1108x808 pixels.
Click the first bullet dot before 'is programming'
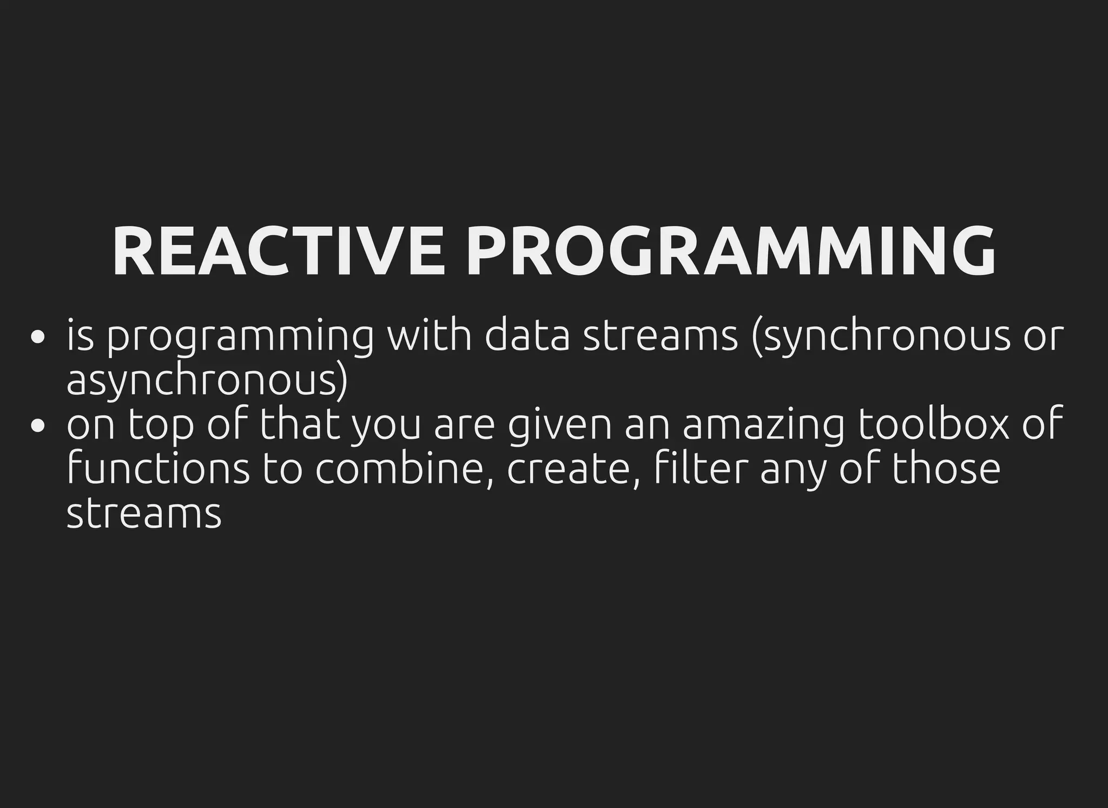click(37, 338)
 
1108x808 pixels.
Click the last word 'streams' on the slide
click(144, 513)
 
